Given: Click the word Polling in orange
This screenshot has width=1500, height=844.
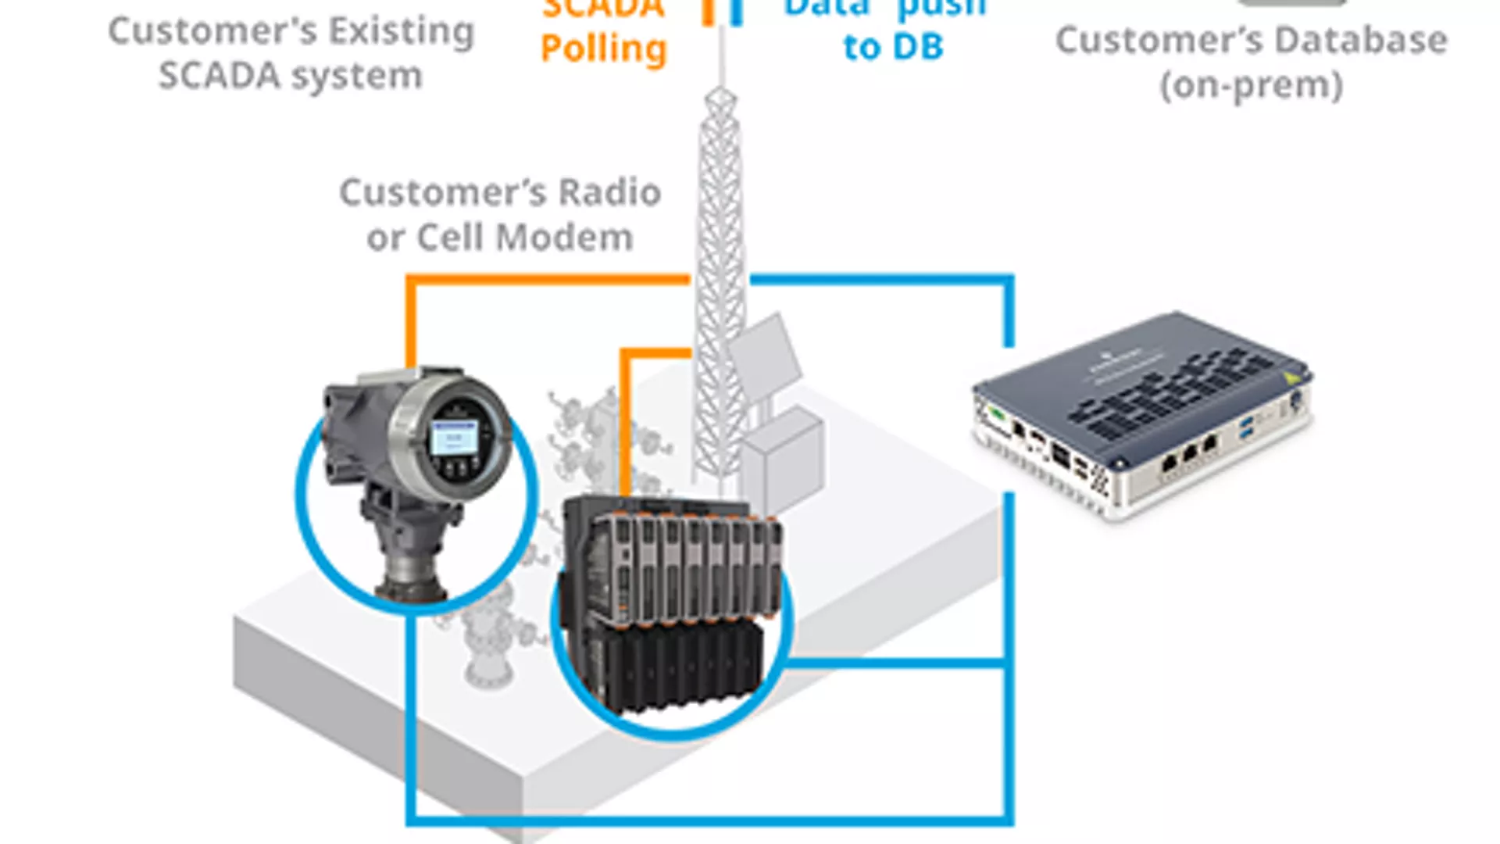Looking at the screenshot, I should tap(603, 49).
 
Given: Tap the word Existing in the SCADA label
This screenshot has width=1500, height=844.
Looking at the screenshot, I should tap(401, 32).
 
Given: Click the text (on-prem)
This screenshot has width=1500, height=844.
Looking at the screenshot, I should tap(1252, 85).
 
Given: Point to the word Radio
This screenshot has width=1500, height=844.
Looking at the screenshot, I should tap(609, 192).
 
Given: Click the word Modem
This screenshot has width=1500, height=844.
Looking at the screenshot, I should tap(565, 238).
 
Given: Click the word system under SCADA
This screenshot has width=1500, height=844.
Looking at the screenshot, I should tap(357, 77).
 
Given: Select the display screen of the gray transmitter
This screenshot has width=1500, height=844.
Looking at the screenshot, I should tap(455, 438).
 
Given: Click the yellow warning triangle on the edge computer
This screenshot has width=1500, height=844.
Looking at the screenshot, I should tap(1292, 379).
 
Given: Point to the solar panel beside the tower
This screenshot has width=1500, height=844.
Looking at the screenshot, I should tap(766, 356).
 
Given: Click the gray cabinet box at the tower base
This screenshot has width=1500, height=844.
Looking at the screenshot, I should tap(781, 461).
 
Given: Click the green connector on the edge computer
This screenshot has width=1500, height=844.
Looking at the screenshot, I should tap(996, 412).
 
